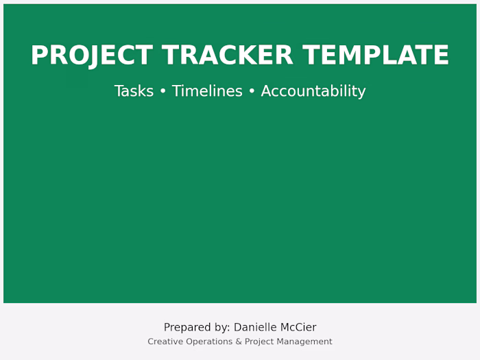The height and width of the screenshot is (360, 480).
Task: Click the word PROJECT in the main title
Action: point(91,56)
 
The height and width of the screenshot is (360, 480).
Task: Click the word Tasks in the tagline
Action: point(134,91)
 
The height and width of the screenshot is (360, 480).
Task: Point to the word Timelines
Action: point(207,91)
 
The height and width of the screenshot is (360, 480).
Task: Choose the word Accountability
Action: point(313,91)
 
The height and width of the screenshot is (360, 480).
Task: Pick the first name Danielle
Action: point(256,328)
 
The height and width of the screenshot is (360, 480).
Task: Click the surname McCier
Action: point(299,328)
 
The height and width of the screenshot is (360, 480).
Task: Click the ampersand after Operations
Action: point(239,341)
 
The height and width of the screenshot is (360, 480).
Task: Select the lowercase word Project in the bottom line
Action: point(261,341)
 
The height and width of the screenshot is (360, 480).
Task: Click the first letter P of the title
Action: point(38,56)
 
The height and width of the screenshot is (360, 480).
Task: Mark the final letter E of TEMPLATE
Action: point(441,56)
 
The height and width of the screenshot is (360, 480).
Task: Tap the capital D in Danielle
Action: point(238,328)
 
